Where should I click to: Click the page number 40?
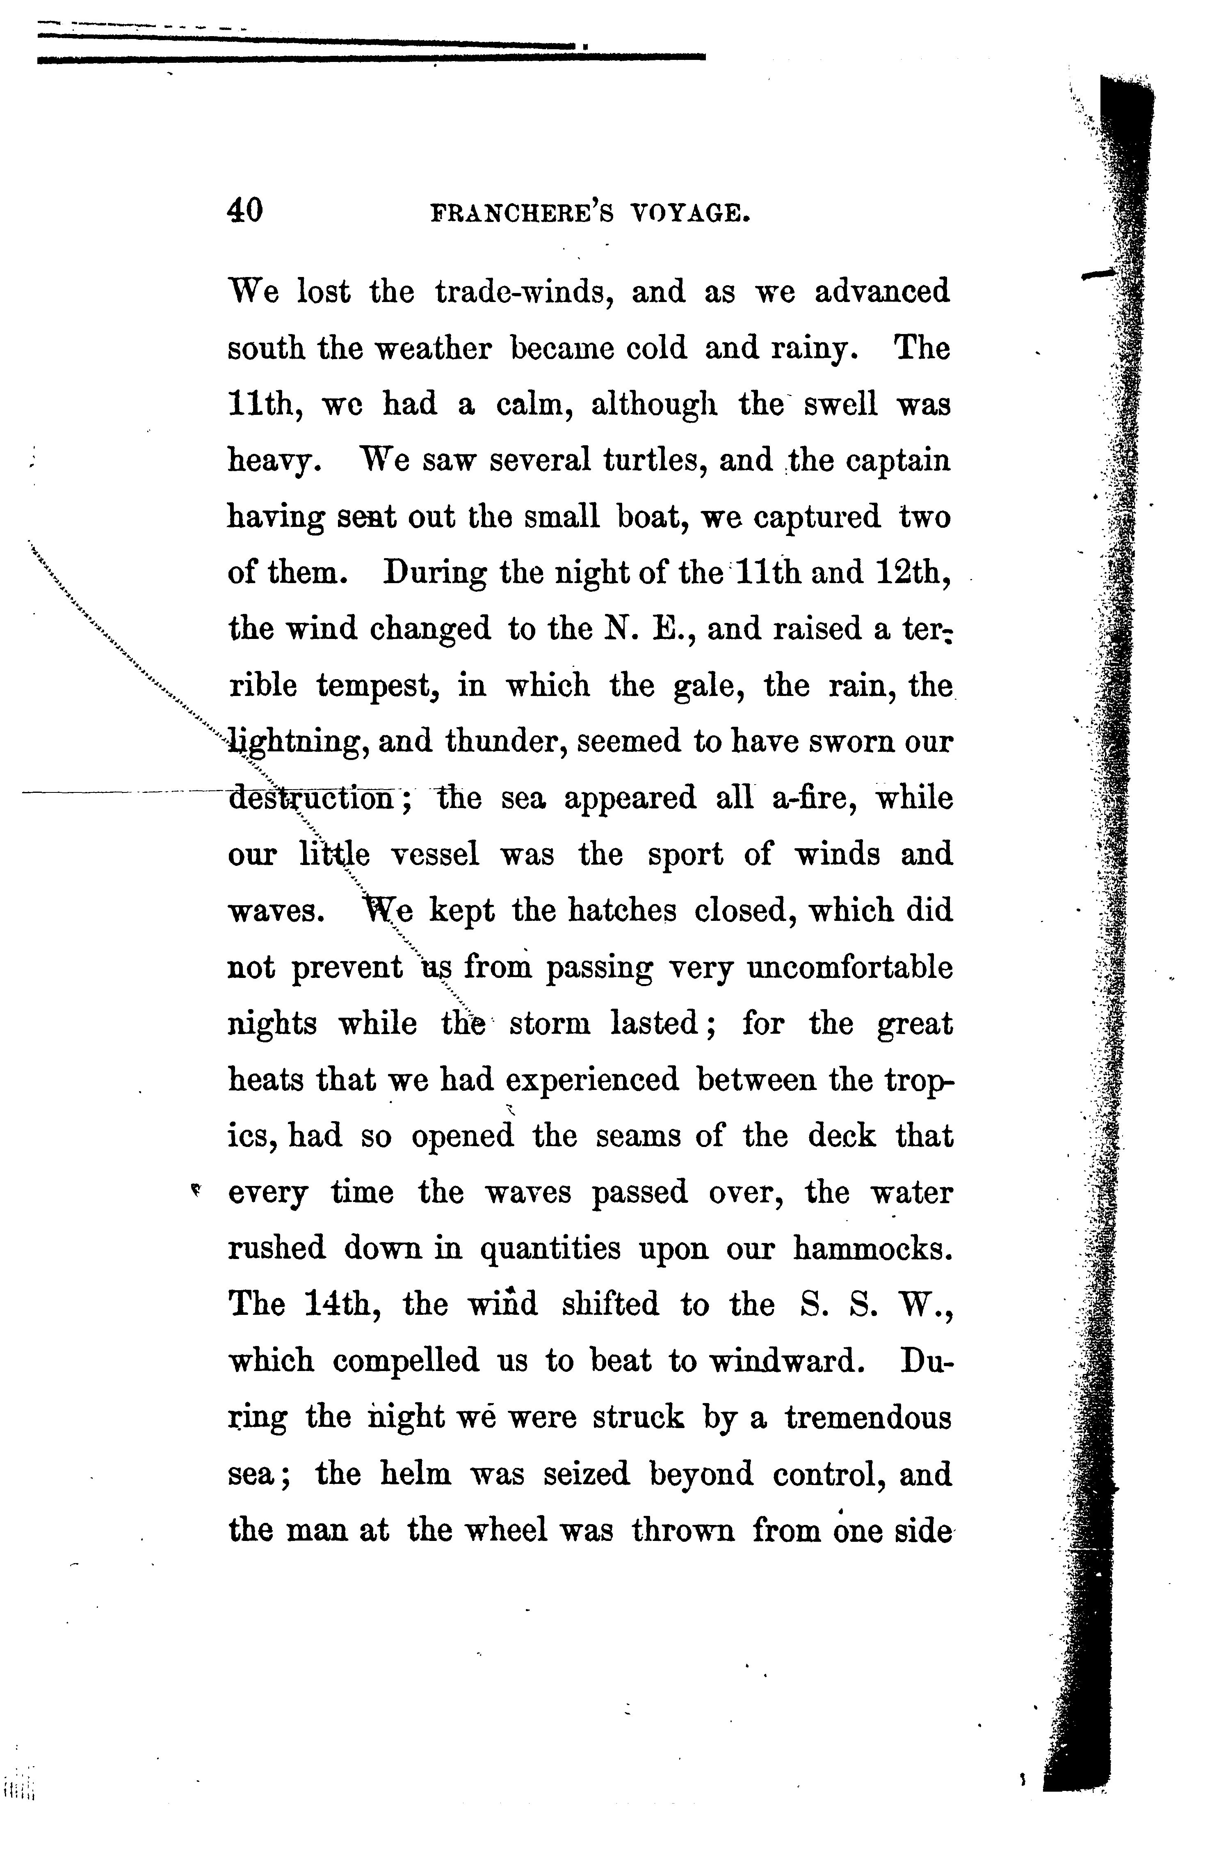245,210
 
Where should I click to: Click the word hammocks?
872,1249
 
